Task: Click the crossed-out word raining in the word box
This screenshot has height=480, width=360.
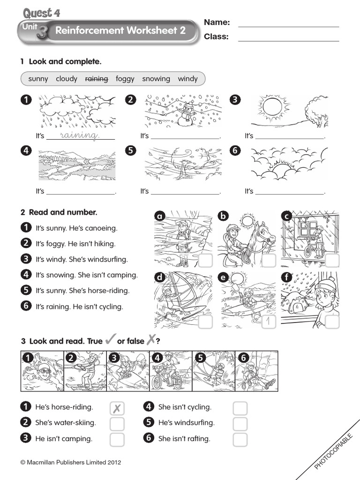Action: pos(97,79)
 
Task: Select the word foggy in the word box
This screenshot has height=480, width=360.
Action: pos(125,79)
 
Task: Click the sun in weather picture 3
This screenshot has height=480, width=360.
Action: pos(270,107)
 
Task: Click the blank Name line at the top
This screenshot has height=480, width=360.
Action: pos(288,22)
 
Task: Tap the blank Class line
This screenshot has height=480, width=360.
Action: pos(288,37)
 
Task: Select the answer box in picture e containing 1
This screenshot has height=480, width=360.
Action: pos(268,322)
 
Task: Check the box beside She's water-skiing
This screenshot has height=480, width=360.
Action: pos(117,424)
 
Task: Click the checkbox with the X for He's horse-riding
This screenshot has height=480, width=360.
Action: pos(117,408)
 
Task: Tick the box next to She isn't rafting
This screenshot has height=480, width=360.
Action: pos(240,440)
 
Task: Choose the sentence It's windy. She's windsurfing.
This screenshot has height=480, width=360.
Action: pos(82,259)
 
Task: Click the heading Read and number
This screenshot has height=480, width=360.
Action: pos(63,212)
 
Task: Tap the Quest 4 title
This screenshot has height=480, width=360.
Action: pos(41,13)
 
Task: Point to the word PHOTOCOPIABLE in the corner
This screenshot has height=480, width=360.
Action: pos(333,445)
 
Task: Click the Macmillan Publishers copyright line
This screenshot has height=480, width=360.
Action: pos(71,462)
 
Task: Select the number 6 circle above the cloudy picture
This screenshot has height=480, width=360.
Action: pos(235,151)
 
